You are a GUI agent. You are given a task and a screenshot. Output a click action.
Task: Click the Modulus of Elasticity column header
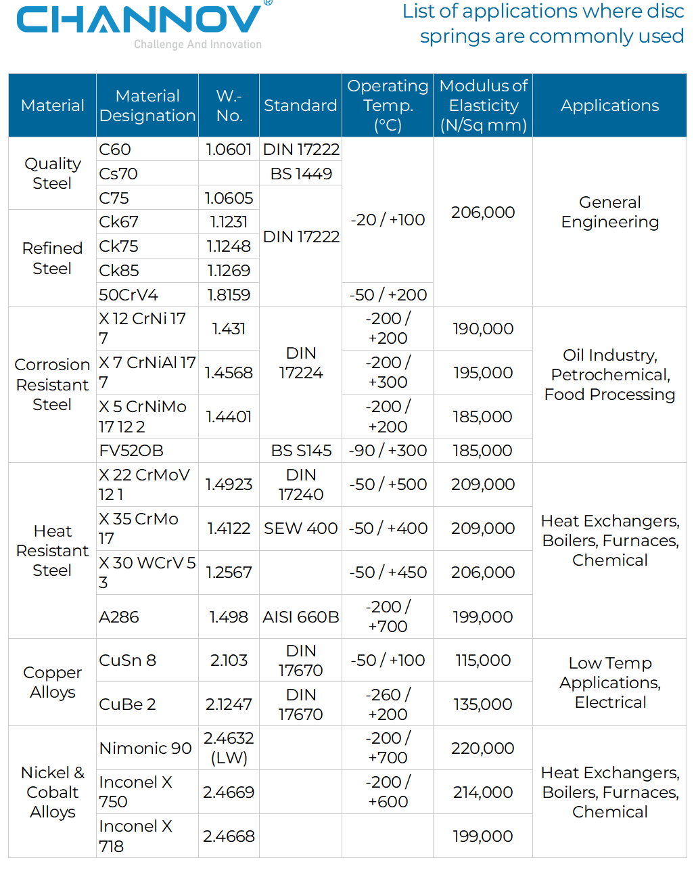483,106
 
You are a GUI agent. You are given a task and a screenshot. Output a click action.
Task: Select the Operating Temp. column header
388,106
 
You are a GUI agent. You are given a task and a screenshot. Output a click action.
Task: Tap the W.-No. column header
229,106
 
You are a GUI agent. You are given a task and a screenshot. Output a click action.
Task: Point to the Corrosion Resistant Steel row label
52,384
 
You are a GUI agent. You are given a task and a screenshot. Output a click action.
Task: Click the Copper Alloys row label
52,682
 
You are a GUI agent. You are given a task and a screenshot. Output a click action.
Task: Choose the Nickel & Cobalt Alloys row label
52,792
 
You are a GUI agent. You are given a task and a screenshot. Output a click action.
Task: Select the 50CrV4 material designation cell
129,295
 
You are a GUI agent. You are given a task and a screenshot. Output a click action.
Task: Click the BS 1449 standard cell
301,174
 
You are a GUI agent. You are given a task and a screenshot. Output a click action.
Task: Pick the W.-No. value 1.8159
229,295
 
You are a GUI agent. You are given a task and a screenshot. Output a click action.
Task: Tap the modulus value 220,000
483,748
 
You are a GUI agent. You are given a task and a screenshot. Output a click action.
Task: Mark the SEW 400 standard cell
301,529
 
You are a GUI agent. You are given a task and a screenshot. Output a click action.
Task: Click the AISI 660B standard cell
301,617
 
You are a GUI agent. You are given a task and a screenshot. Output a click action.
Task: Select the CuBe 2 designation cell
128,704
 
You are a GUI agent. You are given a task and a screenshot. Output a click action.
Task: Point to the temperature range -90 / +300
388,451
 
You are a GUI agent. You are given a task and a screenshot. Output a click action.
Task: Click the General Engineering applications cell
609,212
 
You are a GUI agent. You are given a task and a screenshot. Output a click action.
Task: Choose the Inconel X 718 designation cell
135,836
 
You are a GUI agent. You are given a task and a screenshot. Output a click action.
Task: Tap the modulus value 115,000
483,660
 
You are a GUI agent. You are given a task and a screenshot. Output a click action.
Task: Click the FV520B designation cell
131,451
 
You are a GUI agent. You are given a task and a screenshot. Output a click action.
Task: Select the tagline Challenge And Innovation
198,45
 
